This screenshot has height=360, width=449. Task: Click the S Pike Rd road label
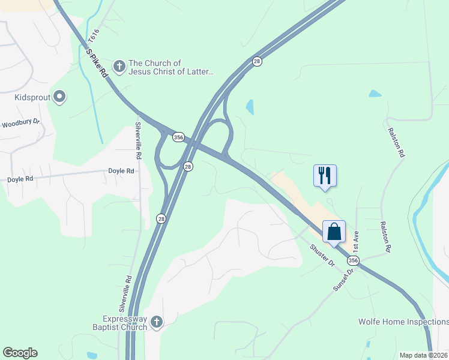coord(96,62)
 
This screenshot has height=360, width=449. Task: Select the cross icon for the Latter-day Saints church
coord(119,67)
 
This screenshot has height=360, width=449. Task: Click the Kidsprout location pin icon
coord(59,96)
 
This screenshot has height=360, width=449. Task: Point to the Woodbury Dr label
coord(20,124)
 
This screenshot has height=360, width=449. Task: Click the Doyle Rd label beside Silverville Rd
coord(121,171)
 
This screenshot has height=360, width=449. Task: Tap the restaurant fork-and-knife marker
coord(325,176)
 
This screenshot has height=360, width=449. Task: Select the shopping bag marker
coord(334,231)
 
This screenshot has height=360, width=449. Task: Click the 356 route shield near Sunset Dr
coord(353,260)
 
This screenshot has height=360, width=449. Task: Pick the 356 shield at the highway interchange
coord(178,137)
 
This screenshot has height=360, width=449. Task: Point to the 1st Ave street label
coord(355,241)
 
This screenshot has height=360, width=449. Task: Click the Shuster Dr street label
coord(322,256)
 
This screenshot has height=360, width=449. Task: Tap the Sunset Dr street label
coord(344,280)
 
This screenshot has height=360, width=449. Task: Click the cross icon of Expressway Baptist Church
coord(156,322)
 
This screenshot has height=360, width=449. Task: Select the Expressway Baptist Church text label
coord(125,323)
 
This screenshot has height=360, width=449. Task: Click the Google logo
coord(20,353)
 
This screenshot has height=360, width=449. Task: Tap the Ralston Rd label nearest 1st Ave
coord(385,236)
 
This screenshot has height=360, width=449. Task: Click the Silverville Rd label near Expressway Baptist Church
coord(125,294)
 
